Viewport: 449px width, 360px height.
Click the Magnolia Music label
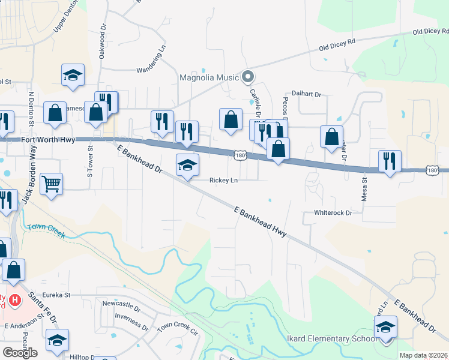click(x=209, y=77)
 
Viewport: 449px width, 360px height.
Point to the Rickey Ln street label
click(x=223, y=181)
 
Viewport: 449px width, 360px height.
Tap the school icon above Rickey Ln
click(x=187, y=164)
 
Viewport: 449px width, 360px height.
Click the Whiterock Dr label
click(x=332, y=213)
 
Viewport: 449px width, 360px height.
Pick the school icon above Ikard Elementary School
click(x=385, y=327)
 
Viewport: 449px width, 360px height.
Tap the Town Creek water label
click(x=44, y=229)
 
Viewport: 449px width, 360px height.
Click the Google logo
click(x=20, y=353)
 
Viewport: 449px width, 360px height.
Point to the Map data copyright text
click(x=423, y=355)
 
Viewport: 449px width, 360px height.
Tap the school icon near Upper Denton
click(x=73, y=75)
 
